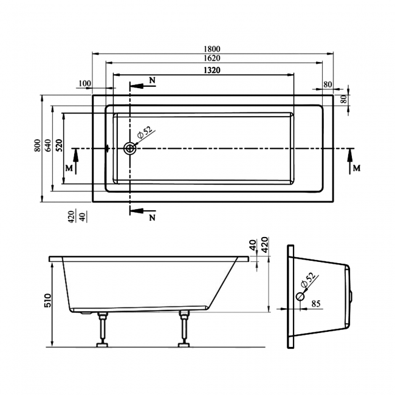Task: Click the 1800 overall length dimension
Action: (212, 49)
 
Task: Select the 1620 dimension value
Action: (212, 58)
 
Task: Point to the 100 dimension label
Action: (84, 84)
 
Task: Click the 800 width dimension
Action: (37, 146)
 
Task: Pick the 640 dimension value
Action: (49, 146)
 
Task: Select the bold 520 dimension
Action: (59, 146)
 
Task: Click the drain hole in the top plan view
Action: (129, 148)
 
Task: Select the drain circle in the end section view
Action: (300, 296)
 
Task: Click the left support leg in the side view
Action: (101, 328)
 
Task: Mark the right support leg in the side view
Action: (183, 328)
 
